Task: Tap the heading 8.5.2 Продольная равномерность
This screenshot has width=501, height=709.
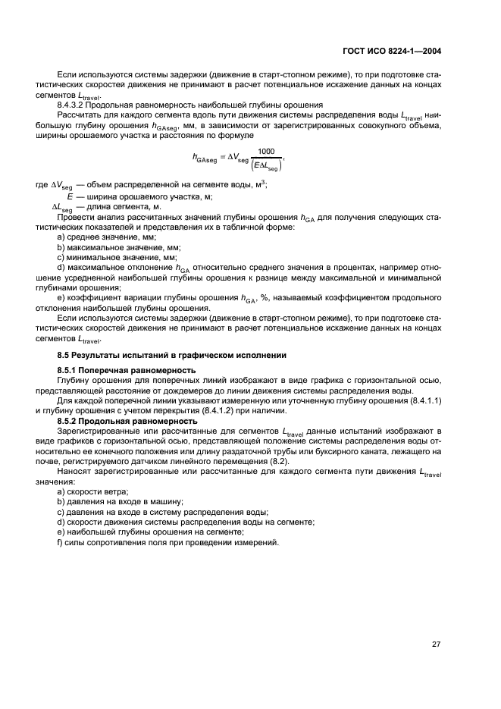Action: tap(128, 421)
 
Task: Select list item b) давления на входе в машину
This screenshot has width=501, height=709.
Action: tap(121, 502)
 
